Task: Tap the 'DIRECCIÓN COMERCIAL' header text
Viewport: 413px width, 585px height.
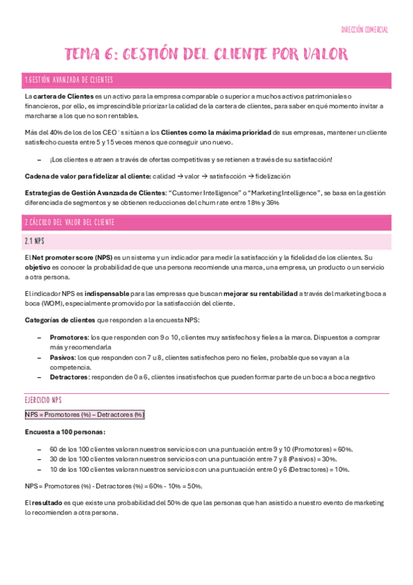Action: click(x=365, y=30)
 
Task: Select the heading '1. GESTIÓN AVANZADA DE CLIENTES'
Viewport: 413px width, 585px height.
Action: click(x=68, y=81)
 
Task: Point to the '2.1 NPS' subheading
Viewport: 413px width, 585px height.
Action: click(x=34, y=241)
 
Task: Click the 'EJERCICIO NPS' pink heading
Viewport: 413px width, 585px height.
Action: click(x=43, y=399)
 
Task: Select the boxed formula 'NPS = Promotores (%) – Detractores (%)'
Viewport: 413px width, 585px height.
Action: click(x=84, y=415)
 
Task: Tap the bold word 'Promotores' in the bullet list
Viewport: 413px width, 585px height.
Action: click(x=68, y=337)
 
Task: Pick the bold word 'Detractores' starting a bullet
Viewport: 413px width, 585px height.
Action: click(x=69, y=377)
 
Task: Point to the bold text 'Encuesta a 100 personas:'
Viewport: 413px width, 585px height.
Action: click(x=65, y=432)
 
